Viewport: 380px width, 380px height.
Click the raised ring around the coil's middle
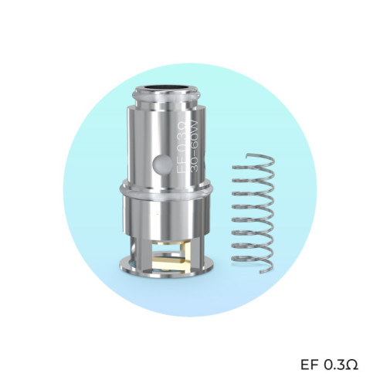(166, 188)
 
